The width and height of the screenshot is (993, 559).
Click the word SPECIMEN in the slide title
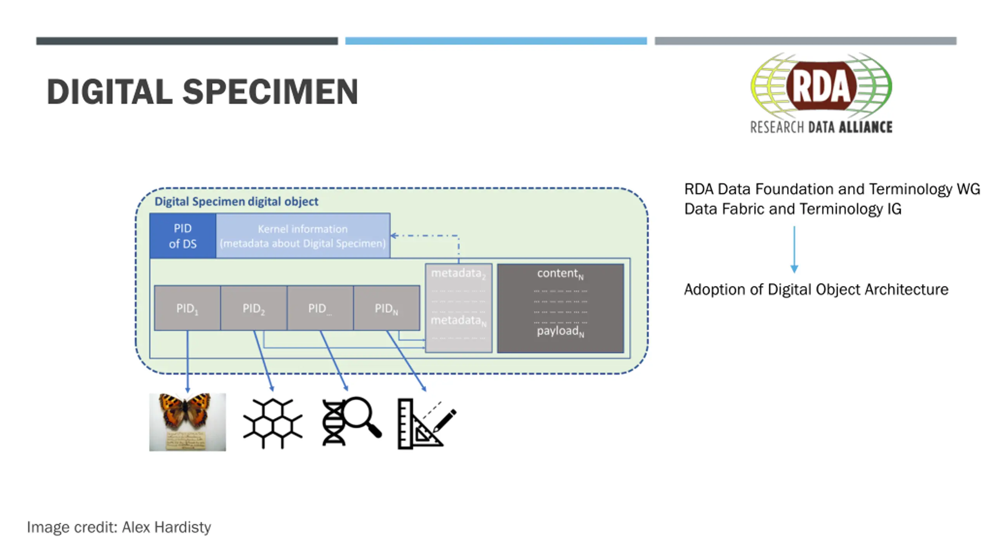(x=270, y=92)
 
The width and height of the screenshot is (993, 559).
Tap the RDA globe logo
(x=821, y=86)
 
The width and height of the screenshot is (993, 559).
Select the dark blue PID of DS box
(x=183, y=236)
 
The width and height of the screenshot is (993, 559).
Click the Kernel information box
(x=303, y=236)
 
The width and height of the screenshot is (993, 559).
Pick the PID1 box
(x=187, y=308)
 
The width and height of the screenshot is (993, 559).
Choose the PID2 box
(x=254, y=308)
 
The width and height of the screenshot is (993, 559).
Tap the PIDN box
(x=386, y=308)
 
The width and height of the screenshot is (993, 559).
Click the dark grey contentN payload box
(x=561, y=308)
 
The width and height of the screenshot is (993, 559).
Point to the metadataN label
(x=458, y=321)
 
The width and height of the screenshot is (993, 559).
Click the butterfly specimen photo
(x=187, y=422)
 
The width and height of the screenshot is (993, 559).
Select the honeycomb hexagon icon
(x=273, y=423)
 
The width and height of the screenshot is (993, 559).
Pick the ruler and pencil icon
(x=426, y=424)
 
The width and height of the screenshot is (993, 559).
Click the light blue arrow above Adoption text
(x=794, y=250)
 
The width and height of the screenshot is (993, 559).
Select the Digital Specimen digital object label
(x=236, y=201)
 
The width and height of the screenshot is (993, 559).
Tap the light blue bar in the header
(x=496, y=41)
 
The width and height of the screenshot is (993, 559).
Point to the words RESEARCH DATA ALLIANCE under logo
(x=821, y=127)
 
